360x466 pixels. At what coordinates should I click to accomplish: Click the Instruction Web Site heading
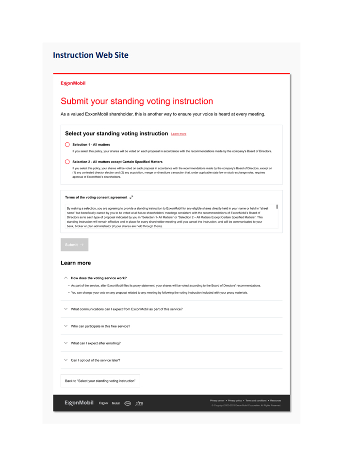(x=91, y=55)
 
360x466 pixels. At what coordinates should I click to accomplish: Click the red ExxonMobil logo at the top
(x=73, y=83)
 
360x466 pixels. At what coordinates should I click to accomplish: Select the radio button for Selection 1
(x=67, y=144)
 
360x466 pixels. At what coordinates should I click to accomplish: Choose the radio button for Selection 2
(x=67, y=162)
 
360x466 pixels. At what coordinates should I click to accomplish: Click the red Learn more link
(x=179, y=134)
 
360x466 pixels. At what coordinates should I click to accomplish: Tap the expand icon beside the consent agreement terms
(x=131, y=198)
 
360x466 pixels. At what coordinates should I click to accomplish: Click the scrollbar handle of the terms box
(x=277, y=207)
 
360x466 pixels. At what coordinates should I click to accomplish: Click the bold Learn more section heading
(x=76, y=263)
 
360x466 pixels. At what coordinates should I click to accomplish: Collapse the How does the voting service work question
(x=66, y=278)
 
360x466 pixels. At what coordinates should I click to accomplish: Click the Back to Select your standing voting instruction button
(x=100, y=381)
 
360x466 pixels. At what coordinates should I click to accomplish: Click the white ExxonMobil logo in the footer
(x=79, y=403)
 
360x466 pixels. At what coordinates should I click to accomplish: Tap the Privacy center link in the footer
(x=217, y=400)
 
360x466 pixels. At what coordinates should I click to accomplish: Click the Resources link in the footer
(x=276, y=400)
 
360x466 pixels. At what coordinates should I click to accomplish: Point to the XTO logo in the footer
(x=139, y=403)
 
